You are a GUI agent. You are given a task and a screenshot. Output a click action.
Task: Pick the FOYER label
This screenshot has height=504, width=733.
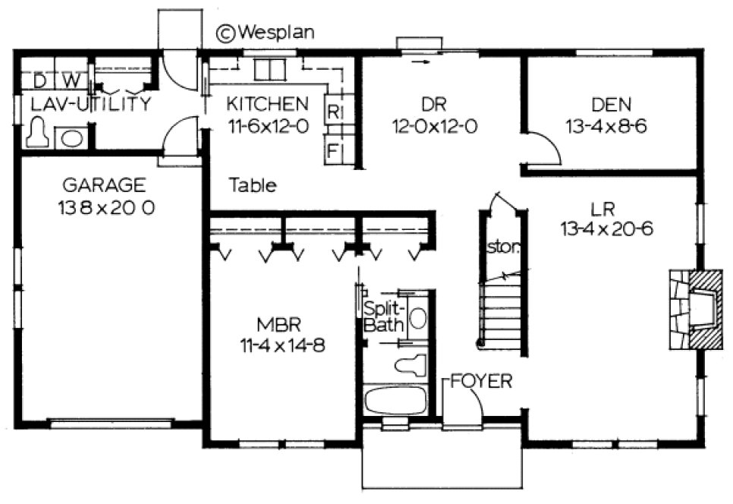coord(480,380)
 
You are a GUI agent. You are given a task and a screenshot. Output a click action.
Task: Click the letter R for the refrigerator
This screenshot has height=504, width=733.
coord(332,111)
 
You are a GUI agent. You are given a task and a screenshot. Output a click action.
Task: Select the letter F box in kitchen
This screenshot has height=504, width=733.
coord(332,150)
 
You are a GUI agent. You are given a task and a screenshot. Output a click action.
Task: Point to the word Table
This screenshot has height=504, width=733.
coord(253,184)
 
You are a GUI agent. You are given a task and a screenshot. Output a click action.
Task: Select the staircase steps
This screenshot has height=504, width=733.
coord(500,311)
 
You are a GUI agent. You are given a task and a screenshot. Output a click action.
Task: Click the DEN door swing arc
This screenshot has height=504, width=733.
coord(548,148)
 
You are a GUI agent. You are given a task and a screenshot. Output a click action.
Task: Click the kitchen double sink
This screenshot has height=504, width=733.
coord(267,71)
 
